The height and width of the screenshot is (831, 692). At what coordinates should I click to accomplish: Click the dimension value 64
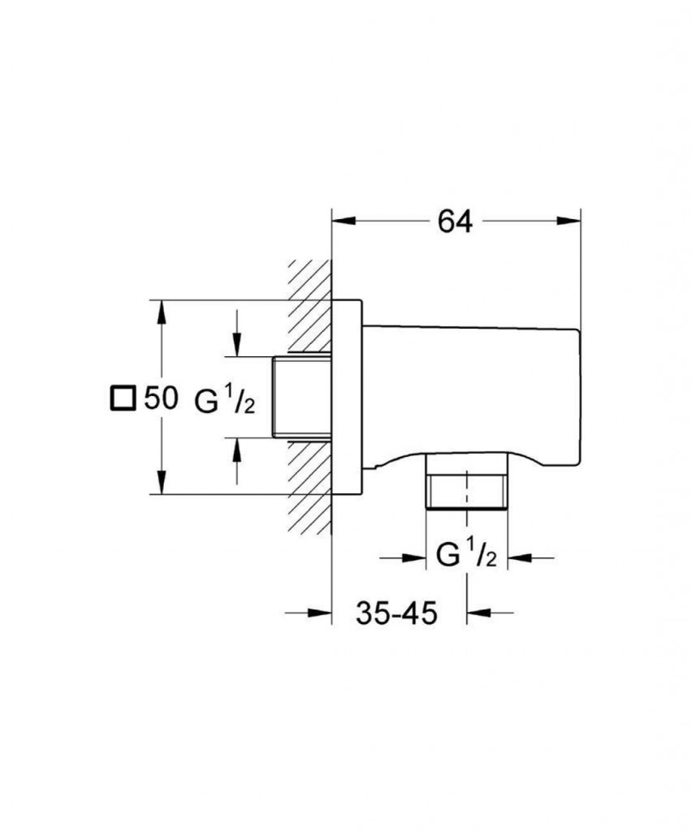click(455, 221)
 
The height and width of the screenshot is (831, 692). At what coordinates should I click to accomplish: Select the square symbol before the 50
click(123, 398)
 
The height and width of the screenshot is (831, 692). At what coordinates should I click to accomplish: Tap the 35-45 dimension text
click(396, 612)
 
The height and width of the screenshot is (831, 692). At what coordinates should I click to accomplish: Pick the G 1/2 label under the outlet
click(466, 557)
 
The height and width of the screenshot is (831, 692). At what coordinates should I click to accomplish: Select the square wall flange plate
click(347, 398)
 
